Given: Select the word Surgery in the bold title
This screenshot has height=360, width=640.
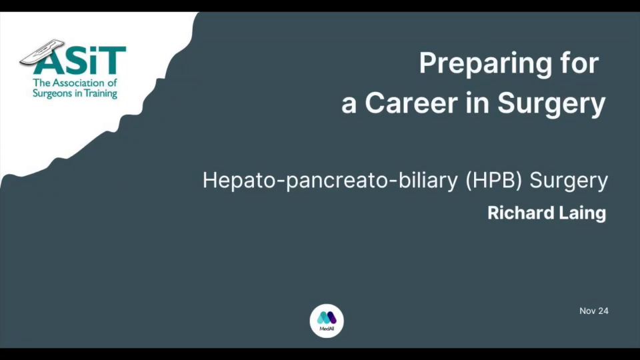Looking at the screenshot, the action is tap(551, 105).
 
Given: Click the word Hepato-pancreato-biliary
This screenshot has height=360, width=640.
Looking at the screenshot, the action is tap(330, 181).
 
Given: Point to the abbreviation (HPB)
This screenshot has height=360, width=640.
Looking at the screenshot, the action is tap(493, 181).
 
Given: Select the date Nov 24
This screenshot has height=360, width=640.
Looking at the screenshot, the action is tap(594, 311).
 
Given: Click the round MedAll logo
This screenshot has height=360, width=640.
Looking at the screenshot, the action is tap(327, 321).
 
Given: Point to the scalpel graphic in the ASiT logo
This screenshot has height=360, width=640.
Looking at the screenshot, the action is tap(42, 51).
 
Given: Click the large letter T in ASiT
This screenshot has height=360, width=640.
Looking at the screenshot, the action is tap(111, 61).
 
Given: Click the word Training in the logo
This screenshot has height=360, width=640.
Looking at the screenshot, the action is tap(101, 94).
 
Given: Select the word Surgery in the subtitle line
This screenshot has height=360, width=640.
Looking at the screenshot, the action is tap(569, 181).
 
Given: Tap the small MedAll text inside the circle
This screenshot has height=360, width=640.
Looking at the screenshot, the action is tap(327, 329).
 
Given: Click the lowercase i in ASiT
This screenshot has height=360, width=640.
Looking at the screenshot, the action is tap(92, 61).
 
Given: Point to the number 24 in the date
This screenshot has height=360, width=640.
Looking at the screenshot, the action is tap(602, 311).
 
